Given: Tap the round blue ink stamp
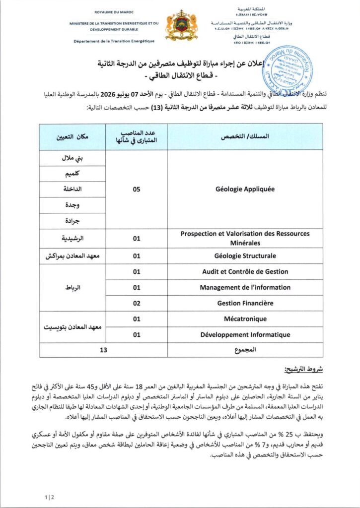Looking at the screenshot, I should pos(287,67).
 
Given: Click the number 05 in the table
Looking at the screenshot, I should pos(137,189).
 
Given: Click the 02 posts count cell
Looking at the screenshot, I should pos(137,303).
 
